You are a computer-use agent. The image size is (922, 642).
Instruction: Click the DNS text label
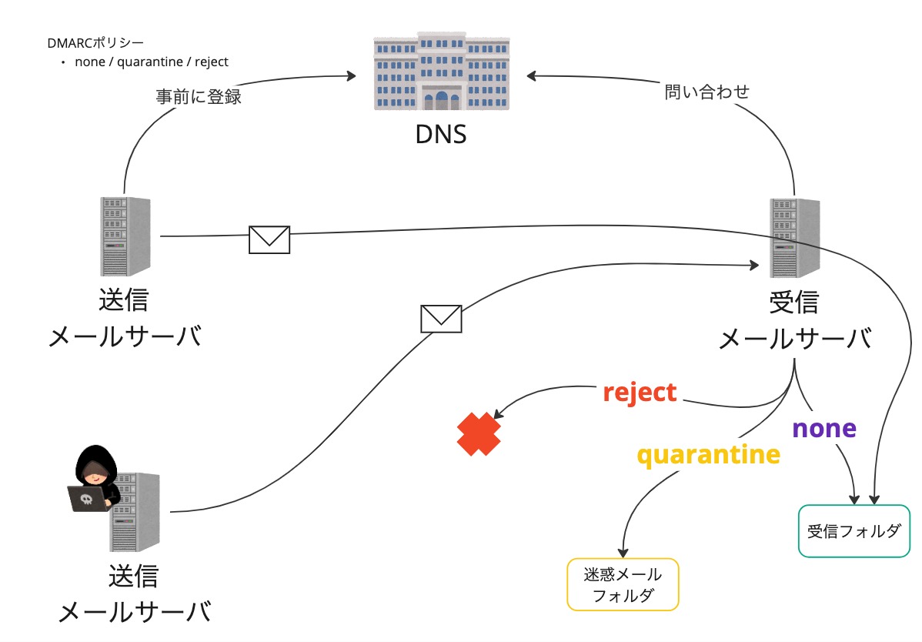441,135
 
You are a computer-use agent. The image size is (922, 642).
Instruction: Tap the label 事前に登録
199,97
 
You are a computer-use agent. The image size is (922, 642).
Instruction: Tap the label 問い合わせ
707,92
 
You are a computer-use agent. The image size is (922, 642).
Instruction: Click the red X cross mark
479,434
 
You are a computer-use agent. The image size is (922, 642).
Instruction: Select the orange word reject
640,393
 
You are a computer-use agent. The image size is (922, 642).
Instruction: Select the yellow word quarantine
707,454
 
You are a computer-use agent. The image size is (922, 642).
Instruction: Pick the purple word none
823,428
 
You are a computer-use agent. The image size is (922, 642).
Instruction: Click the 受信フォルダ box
853,531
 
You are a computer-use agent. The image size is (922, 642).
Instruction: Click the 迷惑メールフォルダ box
623,585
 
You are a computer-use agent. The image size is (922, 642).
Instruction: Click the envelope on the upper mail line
269,239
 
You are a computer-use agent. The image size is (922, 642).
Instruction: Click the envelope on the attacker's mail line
441,318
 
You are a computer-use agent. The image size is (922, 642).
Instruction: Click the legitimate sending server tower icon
125,236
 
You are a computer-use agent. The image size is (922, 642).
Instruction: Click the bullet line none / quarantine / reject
151,62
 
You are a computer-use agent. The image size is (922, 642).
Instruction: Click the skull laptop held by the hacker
86,500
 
